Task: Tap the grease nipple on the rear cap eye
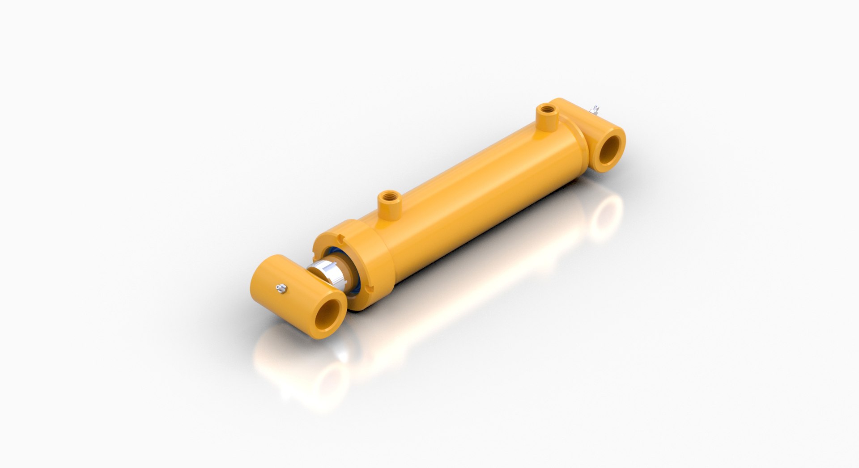pos(595,109)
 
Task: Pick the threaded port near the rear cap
pos(545,109)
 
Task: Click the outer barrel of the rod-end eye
pos(277,277)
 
